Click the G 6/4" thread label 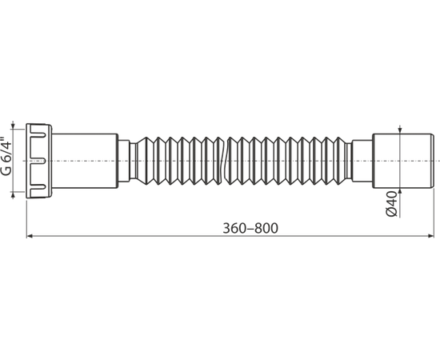6,156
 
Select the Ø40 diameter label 392,204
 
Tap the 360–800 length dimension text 250,228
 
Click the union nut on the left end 38,161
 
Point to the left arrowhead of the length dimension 30,236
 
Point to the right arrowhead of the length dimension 430,236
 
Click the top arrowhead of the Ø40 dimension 400,130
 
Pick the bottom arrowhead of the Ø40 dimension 400,191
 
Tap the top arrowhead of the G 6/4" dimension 12,126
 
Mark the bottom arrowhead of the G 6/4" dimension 12,195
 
